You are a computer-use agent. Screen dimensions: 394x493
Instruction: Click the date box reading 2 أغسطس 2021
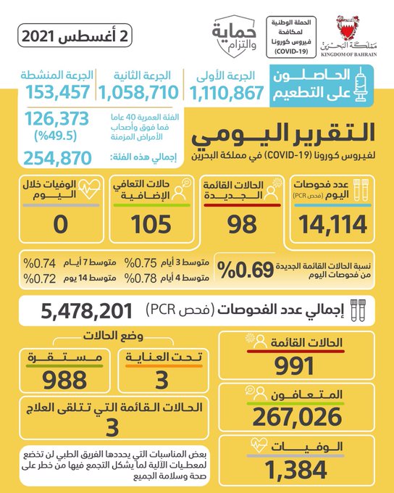tap(75, 36)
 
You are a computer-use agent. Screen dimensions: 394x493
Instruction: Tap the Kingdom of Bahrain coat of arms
tap(348, 28)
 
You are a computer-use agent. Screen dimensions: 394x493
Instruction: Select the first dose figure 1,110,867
tap(227, 93)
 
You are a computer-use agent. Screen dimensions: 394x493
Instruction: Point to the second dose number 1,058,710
tap(139, 93)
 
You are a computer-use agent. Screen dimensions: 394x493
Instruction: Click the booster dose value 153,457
tap(58, 92)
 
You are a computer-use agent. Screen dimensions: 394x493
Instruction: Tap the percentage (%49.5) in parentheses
tap(55, 136)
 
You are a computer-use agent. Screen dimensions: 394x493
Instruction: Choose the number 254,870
tap(57, 158)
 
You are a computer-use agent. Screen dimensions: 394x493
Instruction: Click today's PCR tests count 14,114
tap(332, 225)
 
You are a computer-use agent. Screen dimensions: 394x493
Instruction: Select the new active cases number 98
tap(242, 225)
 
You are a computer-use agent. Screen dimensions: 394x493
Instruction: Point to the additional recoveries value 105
tap(151, 225)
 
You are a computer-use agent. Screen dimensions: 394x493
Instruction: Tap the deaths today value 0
tap(61, 225)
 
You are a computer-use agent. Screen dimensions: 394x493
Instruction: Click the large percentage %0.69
tap(246, 270)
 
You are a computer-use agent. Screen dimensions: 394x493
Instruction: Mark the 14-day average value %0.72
tap(40, 278)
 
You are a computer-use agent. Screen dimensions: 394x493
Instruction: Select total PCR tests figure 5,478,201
tap(87, 311)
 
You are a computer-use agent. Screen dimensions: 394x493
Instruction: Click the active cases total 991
tap(294, 365)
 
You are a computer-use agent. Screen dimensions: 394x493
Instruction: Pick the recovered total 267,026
tap(297, 417)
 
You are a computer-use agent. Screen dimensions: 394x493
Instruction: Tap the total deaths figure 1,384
tap(296, 470)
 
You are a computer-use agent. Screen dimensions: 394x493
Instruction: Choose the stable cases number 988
tap(64, 380)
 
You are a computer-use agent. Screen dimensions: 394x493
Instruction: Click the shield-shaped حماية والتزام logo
tap(234, 36)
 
